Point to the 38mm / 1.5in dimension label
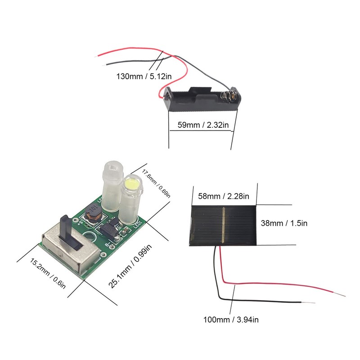click(x=284, y=223)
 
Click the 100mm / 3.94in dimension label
click(x=230, y=319)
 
